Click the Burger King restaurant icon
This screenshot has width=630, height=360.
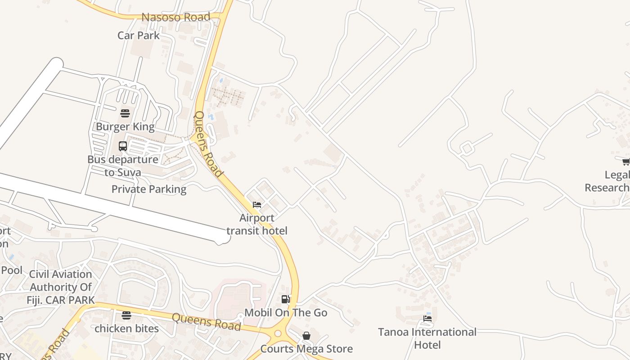pos(125,112)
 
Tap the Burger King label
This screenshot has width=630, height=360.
pos(125,126)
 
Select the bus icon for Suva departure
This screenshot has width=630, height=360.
pos(123,146)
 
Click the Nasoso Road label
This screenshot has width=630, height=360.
pos(176,17)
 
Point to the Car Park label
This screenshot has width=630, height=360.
pos(139,35)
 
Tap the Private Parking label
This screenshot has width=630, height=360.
pos(149,189)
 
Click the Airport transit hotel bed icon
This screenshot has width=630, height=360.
pos(257,204)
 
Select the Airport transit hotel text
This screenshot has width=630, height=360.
pos(256,224)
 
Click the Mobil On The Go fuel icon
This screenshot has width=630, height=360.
pos(285,299)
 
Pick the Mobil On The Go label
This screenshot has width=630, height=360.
pos(286,312)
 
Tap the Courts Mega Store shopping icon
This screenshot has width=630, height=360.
pos(306,336)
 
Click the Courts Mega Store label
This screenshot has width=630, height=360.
pos(306,349)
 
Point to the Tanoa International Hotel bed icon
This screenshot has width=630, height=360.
pos(427,319)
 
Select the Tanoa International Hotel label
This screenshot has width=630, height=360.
pos(427,338)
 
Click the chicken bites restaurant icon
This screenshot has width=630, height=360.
pos(126,315)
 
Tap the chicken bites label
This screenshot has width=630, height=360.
pos(126,328)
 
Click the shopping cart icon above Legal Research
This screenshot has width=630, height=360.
pos(625,162)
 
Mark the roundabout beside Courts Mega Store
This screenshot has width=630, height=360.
pos(278,333)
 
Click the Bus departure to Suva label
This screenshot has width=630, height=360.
pos(122,166)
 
